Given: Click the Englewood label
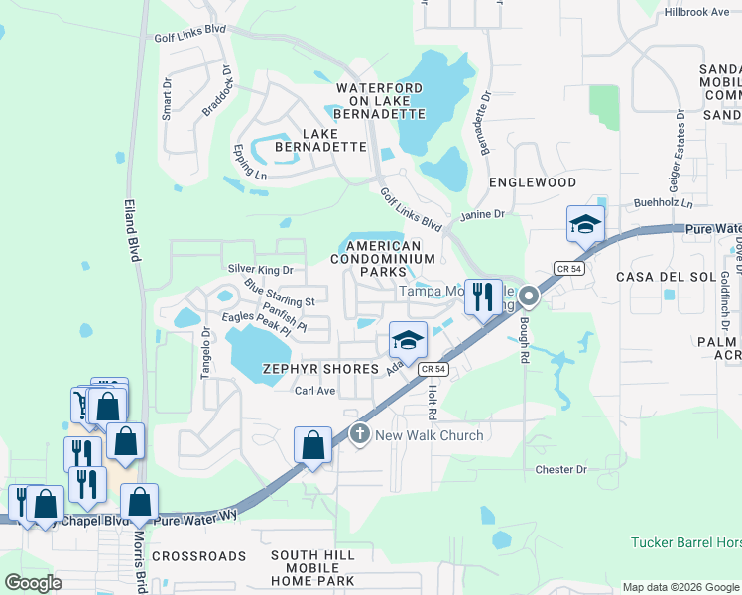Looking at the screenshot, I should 533,183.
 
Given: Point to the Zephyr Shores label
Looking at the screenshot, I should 320,369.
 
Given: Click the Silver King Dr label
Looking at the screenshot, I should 261,269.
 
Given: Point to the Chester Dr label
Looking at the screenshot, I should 561,469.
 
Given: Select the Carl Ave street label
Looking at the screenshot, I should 315,391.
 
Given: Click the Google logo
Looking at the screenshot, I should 34,583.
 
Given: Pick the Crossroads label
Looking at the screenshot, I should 198,556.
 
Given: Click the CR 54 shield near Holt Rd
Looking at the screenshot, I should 428,369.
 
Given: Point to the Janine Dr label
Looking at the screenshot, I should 483,214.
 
